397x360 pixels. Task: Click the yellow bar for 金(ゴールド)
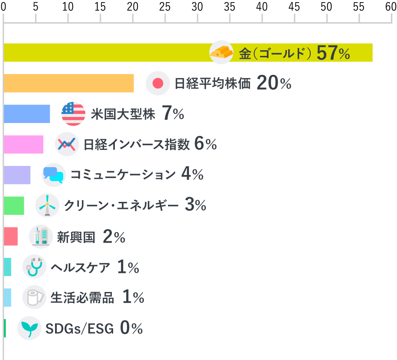tap(108, 52)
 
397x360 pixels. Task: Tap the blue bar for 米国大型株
tap(27, 114)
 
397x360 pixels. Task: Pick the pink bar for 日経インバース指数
tap(23, 144)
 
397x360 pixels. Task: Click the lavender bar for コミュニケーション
tap(17, 175)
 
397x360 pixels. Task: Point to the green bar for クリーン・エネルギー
tap(14, 205)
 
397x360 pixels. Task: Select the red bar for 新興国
tap(10, 236)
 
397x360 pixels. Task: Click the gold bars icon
tap(221, 52)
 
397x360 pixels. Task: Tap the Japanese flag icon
tap(158, 83)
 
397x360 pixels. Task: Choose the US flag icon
tap(73, 114)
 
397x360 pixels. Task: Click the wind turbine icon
tap(47, 205)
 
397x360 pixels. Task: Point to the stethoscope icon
tap(34, 267)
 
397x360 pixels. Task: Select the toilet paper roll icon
tap(34, 297)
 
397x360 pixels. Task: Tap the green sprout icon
tap(29, 328)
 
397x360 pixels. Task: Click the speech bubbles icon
tap(54, 175)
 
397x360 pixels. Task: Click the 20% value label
tap(274, 83)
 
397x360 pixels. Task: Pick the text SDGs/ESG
tap(80, 329)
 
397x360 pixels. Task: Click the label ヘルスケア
tap(81, 267)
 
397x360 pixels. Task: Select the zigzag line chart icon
tap(67, 144)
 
